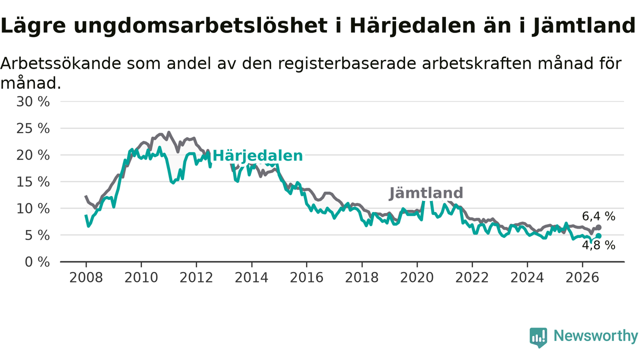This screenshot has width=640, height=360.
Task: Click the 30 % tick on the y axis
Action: click(x=33, y=101)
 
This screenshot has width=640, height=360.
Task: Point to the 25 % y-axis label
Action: click(x=33, y=128)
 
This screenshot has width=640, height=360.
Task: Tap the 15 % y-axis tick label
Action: click(x=33, y=182)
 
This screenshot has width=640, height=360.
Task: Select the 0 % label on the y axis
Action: click(x=37, y=262)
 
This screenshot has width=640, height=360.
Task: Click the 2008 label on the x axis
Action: click(x=86, y=277)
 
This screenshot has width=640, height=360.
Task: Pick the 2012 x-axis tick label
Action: click(x=196, y=277)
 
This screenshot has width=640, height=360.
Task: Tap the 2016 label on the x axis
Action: click(x=306, y=277)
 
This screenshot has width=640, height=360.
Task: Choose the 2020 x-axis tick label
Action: click(x=417, y=277)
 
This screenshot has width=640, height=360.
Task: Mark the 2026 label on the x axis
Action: click(x=582, y=277)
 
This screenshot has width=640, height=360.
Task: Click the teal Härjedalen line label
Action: click(x=257, y=156)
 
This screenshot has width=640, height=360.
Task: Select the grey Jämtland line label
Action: click(x=426, y=193)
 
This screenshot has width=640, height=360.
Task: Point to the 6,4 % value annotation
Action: click(x=598, y=216)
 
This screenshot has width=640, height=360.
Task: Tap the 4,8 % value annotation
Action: click(x=598, y=245)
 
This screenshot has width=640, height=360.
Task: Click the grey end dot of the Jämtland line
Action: click(x=598, y=227)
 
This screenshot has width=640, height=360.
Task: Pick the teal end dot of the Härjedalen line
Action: click(x=598, y=235)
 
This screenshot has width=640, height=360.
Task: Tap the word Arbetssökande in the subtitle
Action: click(x=60, y=63)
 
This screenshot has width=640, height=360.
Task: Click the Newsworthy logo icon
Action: click(x=538, y=337)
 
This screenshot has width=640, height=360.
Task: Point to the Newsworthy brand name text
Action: click(x=595, y=335)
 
